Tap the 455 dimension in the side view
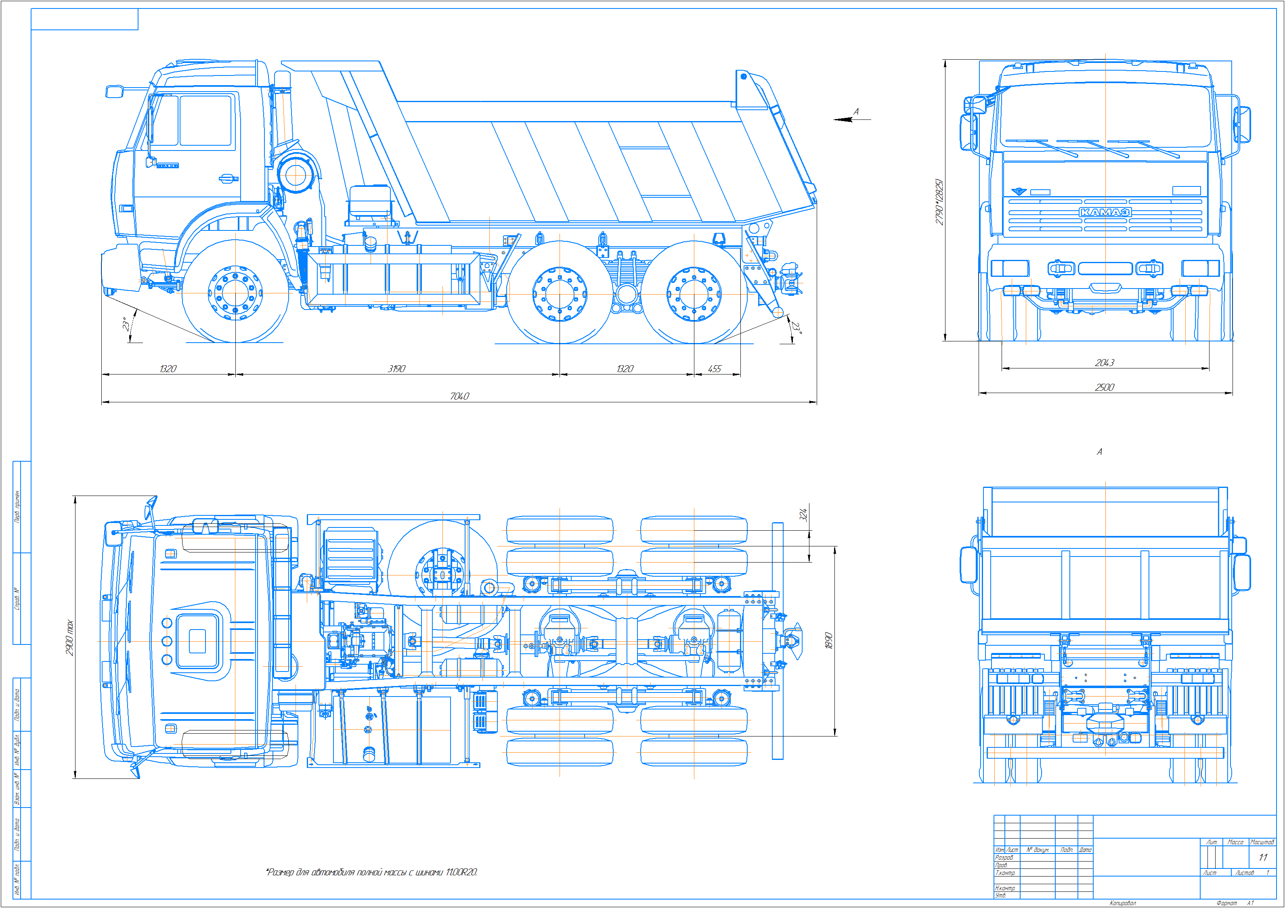coord(715,369)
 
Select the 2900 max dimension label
coord(69,637)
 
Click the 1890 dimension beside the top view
coord(829,640)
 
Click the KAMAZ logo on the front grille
coord(1105,212)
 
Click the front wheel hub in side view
coord(235,293)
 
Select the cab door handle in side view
coord(226,178)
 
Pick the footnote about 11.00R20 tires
coord(372,872)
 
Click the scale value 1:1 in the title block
coord(1263,857)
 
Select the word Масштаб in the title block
coord(1262,842)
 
